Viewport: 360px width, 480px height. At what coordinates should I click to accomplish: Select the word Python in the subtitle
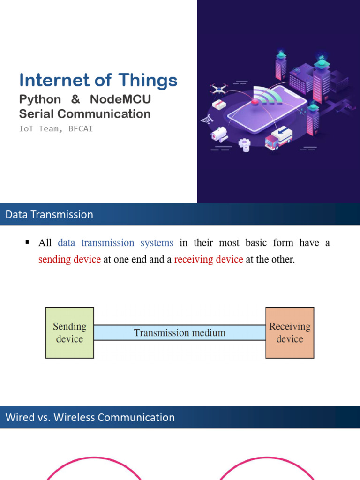(x=40, y=100)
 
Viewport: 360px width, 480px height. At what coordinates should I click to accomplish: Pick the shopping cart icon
(x=206, y=120)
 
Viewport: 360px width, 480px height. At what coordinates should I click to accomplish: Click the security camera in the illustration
(x=219, y=135)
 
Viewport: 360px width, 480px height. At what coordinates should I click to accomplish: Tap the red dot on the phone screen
(x=255, y=101)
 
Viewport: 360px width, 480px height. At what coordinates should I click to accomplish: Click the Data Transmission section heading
(x=49, y=215)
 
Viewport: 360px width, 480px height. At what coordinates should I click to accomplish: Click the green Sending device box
(x=69, y=333)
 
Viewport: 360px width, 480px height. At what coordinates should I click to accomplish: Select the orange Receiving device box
(x=290, y=333)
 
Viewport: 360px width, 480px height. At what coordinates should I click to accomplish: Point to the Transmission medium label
(x=180, y=333)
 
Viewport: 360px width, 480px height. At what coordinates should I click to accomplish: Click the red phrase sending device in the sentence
(x=69, y=259)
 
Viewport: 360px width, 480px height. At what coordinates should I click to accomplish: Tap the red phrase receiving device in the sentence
(x=209, y=259)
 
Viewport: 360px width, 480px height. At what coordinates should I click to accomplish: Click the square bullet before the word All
(x=27, y=242)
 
